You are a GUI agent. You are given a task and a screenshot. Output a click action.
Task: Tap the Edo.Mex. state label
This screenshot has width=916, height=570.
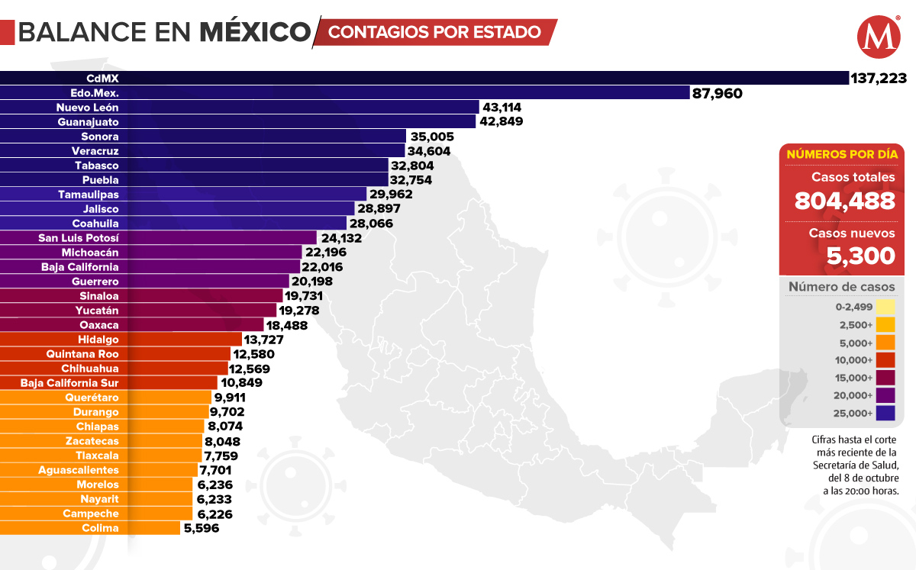pos(95,92)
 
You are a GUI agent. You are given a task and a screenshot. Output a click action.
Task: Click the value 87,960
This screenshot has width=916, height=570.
pos(718,93)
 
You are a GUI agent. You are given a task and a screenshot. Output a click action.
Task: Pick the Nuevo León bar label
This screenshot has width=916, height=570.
pos(88,107)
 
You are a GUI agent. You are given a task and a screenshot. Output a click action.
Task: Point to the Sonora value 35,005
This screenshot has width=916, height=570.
pos(432,137)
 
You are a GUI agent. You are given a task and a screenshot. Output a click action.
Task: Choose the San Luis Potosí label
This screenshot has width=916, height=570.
pos(79,238)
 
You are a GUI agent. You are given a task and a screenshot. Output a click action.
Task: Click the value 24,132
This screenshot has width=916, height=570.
pos(341,238)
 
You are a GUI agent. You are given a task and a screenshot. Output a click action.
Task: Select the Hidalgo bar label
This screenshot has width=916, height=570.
pos(98,340)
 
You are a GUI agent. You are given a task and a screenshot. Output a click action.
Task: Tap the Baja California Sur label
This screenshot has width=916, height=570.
pos(69,383)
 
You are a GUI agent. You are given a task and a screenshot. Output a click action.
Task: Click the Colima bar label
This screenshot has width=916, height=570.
pos(100,528)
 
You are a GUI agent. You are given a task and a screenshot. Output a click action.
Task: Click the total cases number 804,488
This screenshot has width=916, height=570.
pos(844,201)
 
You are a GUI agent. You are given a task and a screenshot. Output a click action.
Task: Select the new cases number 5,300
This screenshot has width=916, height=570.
pos(861,256)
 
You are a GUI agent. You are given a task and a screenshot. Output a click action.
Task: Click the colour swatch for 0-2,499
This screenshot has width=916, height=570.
pos(885,307)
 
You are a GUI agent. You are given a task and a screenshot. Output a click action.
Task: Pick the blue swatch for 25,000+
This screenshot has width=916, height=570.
pos(885,414)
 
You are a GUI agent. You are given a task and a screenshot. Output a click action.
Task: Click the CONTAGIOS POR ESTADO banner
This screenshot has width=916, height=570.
pos(435,32)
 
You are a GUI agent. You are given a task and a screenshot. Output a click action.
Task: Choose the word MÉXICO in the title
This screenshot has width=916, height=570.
pos(255,32)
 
